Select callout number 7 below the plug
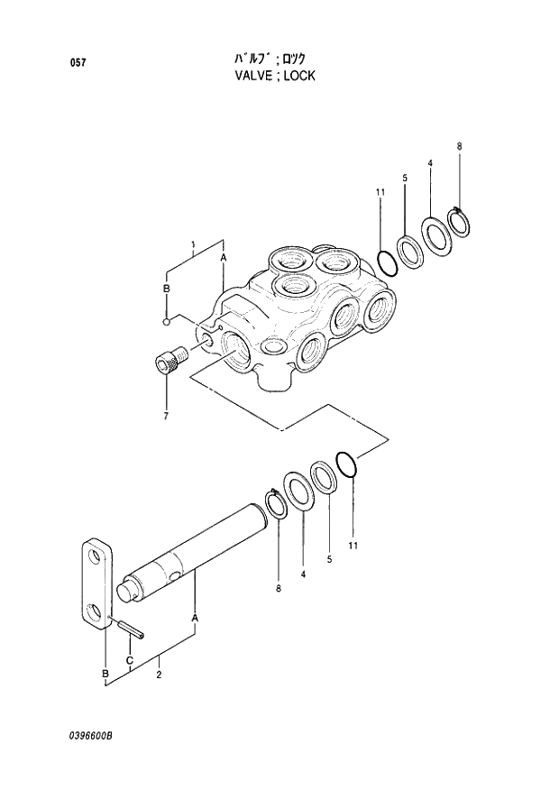(x=166, y=416)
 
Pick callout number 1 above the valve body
(x=193, y=244)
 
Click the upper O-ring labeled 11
(x=384, y=262)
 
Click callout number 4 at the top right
(x=430, y=163)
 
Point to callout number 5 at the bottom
(x=329, y=559)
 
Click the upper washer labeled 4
(x=438, y=235)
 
